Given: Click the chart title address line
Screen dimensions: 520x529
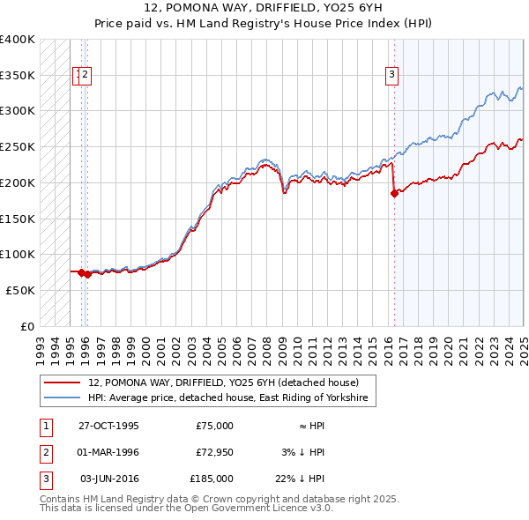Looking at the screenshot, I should point(264,9).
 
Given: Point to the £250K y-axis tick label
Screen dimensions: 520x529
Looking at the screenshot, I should point(18,146).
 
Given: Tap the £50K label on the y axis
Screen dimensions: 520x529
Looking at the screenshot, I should point(20,290).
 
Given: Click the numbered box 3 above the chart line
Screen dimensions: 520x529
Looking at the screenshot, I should point(391,76).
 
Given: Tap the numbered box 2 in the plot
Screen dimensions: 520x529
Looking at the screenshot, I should point(86,76).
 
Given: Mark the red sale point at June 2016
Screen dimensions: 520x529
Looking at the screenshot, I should point(393,194).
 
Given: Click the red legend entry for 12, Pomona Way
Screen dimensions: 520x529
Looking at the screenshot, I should point(223,383).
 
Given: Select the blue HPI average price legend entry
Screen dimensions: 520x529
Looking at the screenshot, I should point(231,398).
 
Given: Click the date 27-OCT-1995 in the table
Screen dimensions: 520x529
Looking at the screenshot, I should point(108,426).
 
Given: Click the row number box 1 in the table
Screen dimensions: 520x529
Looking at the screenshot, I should point(45,426).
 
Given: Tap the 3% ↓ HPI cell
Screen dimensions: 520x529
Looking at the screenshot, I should point(303,452).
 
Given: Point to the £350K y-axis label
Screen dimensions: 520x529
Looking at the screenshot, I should point(18,75).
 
